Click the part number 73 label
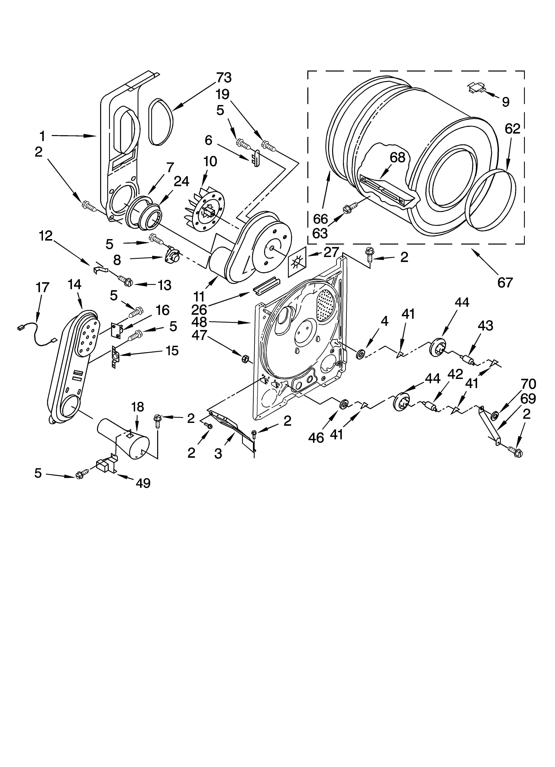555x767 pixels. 224,78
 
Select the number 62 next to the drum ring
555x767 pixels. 512,129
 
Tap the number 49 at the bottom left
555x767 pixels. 143,483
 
